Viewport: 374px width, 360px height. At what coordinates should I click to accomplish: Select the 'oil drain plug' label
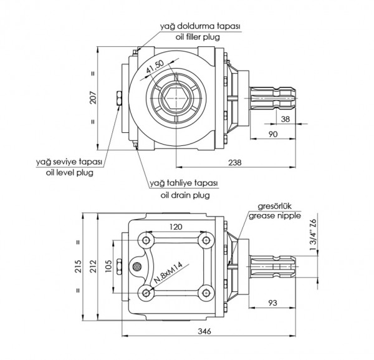(x=185, y=195)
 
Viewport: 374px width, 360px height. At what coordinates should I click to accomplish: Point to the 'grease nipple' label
(x=275, y=216)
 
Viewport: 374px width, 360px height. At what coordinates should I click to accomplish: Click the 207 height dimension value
(x=92, y=99)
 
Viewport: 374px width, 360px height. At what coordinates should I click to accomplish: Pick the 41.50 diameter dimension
(x=154, y=69)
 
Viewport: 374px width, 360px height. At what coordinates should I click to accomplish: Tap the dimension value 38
(x=284, y=119)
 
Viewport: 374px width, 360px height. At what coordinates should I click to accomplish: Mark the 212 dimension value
(x=92, y=266)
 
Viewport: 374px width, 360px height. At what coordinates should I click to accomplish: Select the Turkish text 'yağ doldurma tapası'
(x=199, y=26)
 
